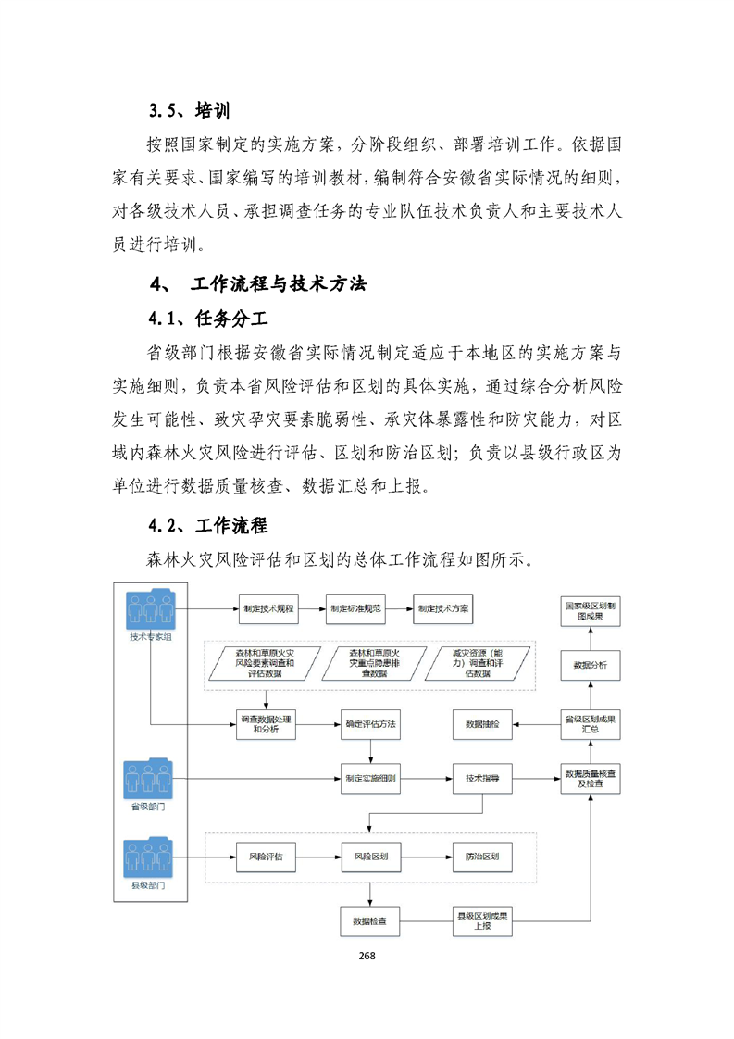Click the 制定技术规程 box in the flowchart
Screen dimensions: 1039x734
(267, 608)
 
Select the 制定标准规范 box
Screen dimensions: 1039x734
(355, 608)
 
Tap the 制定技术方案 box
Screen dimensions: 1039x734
(442, 608)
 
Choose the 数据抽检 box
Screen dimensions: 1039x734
(481, 723)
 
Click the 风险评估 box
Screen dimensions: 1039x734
(266, 857)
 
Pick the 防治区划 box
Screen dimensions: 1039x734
(481, 857)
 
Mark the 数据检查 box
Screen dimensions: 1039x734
(370, 921)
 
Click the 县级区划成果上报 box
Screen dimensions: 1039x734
(481, 921)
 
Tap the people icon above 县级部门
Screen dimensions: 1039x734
(148, 858)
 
